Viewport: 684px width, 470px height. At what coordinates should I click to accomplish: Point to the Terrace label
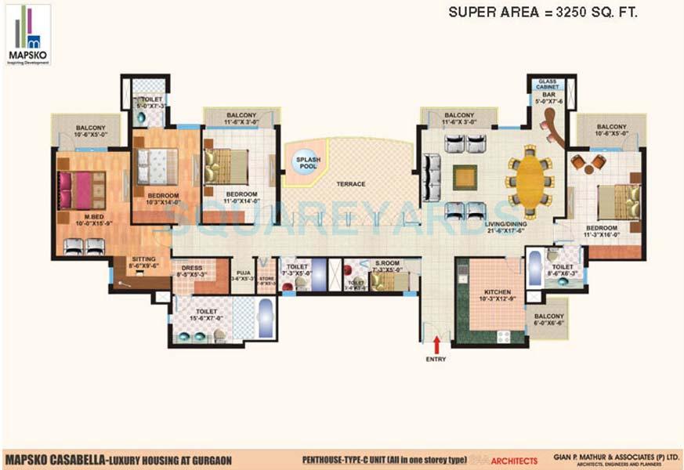[x=351, y=184]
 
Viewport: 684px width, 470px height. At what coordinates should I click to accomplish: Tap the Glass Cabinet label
[x=548, y=85]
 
